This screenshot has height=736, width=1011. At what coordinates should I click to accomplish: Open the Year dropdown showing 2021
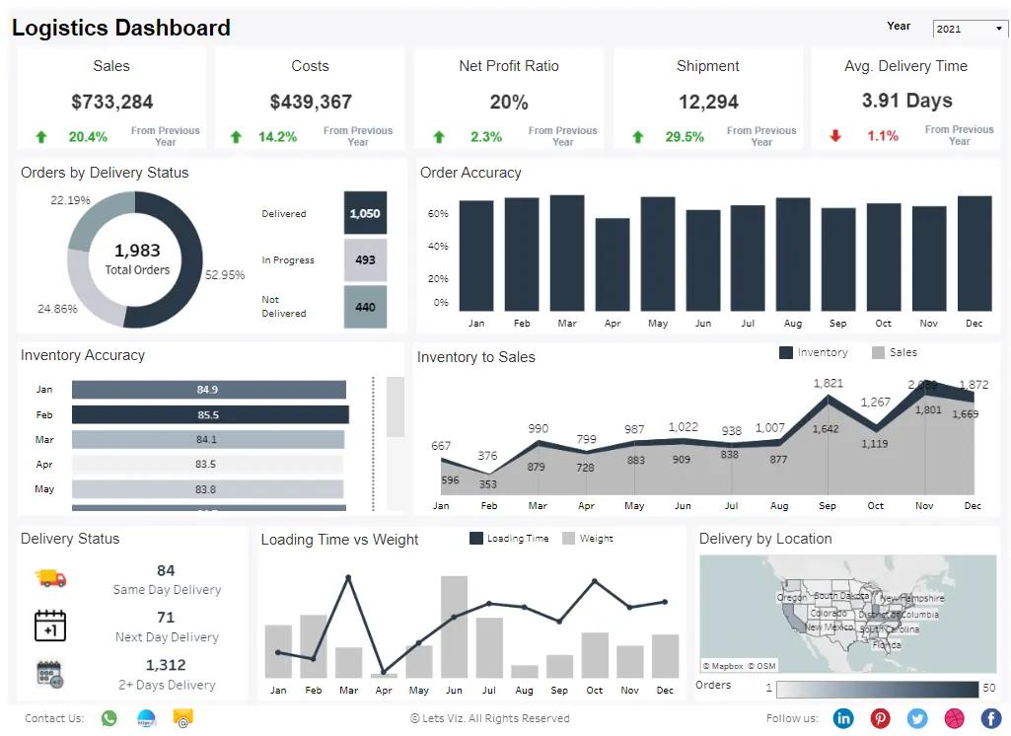pyautogui.click(x=970, y=29)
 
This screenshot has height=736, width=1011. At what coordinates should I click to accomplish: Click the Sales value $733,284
pyautogui.click(x=112, y=102)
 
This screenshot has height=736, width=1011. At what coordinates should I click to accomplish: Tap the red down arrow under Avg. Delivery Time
pyautogui.click(x=835, y=136)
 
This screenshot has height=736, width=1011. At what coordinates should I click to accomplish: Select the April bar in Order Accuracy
pyautogui.click(x=613, y=264)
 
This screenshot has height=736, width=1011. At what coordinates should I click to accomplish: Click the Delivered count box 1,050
pyautogui.click(x=365, y=213)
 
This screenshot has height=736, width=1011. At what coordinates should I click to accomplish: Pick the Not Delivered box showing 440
pyautogui.click(x=365, y=307)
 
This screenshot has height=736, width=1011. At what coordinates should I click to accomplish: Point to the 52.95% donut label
pyautogui.click(x=225, y=275)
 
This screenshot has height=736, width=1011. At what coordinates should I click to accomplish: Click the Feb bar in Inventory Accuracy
pyautogui.click(x=209, y=415)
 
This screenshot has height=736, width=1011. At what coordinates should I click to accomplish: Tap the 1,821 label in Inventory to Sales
pyautogui.click(x=828, y=383)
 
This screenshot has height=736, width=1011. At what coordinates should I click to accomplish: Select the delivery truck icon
pyautogui.click(x=50, y=577)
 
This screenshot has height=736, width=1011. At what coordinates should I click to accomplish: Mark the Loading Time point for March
pyautogui.click(x=348, y=577)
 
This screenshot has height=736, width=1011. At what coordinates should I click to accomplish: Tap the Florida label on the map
pyautogui.click(x=887, y=644)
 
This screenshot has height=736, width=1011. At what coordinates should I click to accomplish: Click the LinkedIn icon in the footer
pyautogui.click(x=843, y=718)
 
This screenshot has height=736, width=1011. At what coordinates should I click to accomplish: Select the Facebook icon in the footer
pyautogui.click(x=991, y=718)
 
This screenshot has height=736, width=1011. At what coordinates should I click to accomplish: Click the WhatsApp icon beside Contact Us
pyautogui.click(x=109, y=718)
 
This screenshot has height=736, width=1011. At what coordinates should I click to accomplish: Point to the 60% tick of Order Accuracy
pyautogui.click(x=438, y=214)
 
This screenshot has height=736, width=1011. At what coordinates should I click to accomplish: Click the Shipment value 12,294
pyautogui.click(x=708, y=102)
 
